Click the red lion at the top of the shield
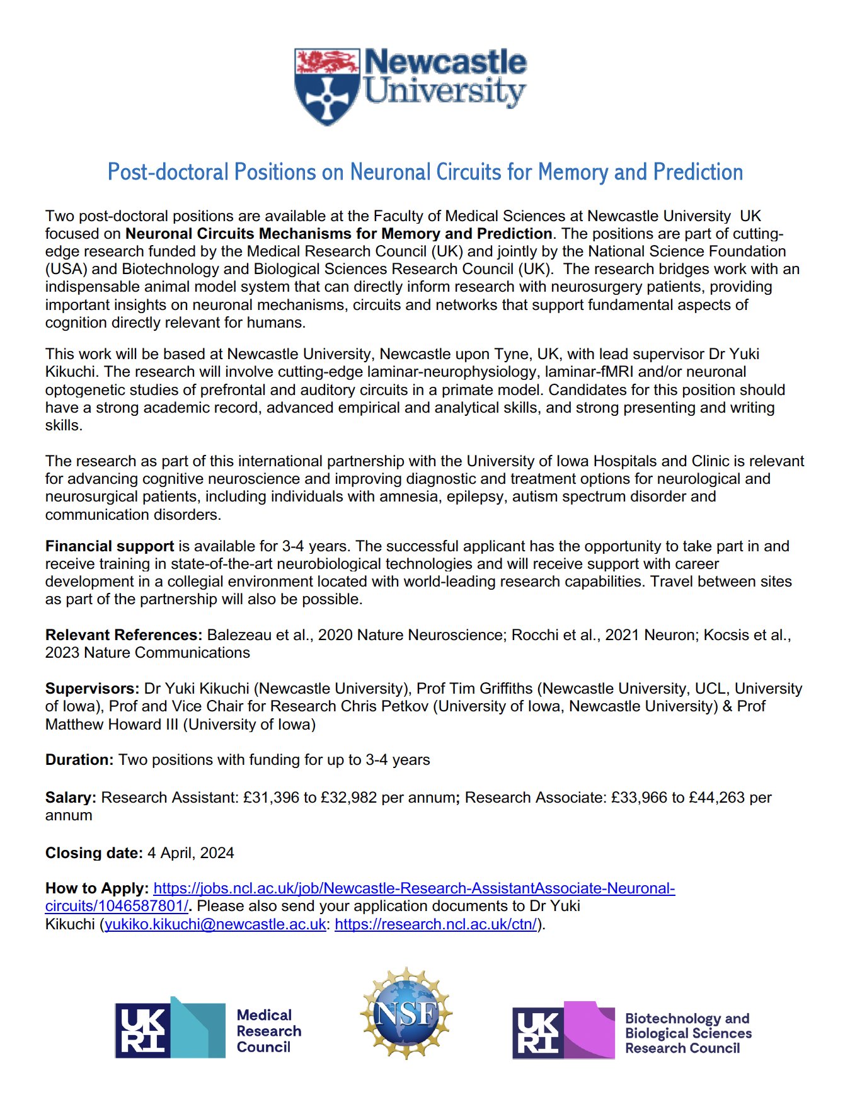click(326, 61)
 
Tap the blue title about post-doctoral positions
click(425, 172)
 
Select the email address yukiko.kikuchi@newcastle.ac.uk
click(215, 924)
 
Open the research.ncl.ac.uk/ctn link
click(435, 924)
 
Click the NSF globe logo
click(406, 1013)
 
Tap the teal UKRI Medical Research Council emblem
click(170, 1030)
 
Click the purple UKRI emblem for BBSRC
click(563, 1030)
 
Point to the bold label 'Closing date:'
click(94, 853)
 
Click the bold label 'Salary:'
click(71, 798)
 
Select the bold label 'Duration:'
click(79, 760)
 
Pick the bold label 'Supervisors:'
click(92, 689)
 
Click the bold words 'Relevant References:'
click(123, 635)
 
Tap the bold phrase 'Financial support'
click(110, 546)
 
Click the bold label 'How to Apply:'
click(97, 888)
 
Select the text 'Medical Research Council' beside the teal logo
click(268, 1031)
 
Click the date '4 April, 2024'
click(191, 853)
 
